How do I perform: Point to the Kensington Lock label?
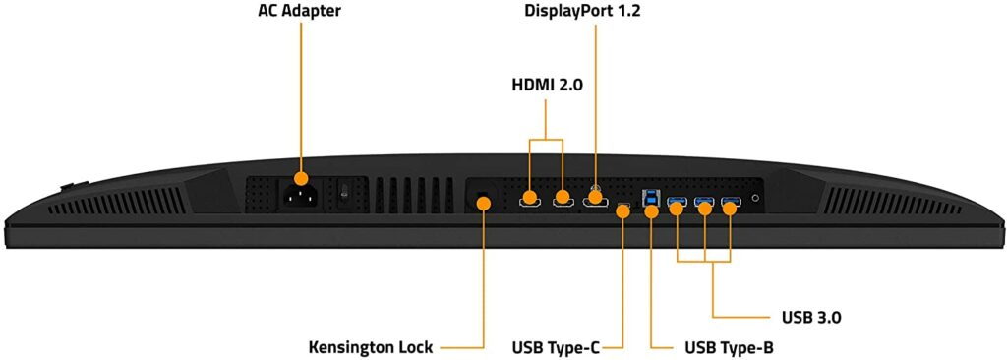click(371, 347)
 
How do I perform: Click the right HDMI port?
click(563, 200)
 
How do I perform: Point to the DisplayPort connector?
click(595, 201)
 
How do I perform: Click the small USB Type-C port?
click(623, 209)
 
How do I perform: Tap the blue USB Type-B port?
click(650, 200)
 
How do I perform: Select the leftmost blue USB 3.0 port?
click(677, 205)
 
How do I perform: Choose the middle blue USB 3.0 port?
click(703, 205)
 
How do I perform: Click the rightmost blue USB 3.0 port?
click(730, 205)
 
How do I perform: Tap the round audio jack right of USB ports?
click(755, 197)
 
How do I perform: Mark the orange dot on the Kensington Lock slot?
click(484, 204)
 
